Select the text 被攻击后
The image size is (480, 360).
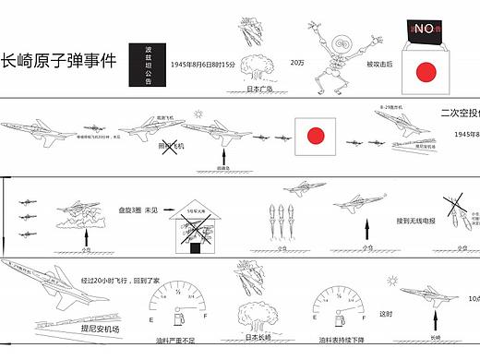click(380, 64)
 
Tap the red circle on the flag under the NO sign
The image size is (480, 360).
click(426, 72)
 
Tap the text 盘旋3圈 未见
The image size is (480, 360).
click(138, 210)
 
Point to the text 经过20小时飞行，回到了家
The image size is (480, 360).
click(120, 278)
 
